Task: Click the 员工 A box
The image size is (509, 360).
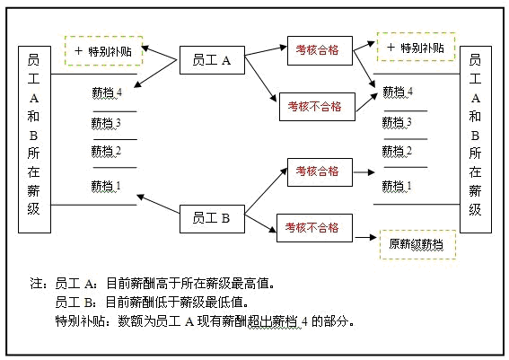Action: (x=212, y=60)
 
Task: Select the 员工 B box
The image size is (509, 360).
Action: (x=212, y=219)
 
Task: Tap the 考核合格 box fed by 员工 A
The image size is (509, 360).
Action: (x=320, y=50)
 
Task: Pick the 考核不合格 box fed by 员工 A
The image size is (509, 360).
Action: (x=317, y=107)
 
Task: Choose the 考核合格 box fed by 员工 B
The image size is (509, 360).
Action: (x=320, y=172)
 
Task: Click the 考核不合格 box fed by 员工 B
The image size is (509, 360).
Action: (x=314, y=228)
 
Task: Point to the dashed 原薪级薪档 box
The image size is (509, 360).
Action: (x=417, y=244)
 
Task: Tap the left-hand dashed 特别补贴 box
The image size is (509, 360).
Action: (x=103, y=51)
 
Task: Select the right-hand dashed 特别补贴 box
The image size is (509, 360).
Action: (x=416, y=47)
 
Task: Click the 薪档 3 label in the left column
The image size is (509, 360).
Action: (x=106, y=123)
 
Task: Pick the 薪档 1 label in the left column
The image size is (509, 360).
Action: (x=106, y=186)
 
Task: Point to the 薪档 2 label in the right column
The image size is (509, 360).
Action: (x=397, y=151)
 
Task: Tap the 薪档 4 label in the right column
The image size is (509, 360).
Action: (x=398, y=92)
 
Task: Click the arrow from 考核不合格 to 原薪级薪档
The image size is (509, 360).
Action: (x=365, y=237)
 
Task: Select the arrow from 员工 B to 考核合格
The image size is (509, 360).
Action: (x=266, y=191)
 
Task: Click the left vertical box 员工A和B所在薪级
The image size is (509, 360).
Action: (x=34, y=139)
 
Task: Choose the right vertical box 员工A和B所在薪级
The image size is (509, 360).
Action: (x=476, y=139)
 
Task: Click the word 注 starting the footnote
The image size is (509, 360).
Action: (x=36, y=284)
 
